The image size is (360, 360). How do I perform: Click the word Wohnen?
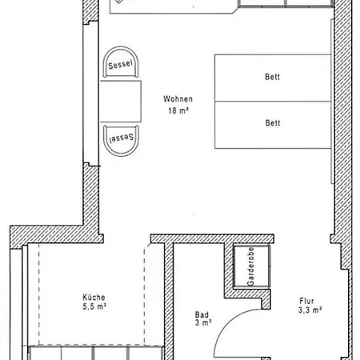(178, 99)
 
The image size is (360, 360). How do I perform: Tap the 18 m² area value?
(178, 110)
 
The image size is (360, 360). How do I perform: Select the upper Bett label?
(272, 77)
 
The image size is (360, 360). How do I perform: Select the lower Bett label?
(273, 123)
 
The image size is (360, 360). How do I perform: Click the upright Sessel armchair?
(121, 62)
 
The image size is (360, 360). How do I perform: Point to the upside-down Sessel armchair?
(121, 141)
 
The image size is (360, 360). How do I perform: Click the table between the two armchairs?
(121, 102)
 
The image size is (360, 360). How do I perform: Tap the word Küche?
(94, 298)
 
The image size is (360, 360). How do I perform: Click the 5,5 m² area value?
(94, 306)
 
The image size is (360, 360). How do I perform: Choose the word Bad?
(202, 314)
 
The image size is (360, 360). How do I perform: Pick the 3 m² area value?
(203, 322)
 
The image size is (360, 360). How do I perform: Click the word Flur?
(306, 301)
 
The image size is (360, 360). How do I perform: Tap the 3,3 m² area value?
(310, 310)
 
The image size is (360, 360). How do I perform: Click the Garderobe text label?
(250, 266)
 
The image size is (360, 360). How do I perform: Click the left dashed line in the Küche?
(39, 294)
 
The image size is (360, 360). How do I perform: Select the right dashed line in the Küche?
(145, 296)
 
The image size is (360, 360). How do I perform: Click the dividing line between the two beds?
(273, 102)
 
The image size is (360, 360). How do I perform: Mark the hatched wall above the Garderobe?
(212, 239)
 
